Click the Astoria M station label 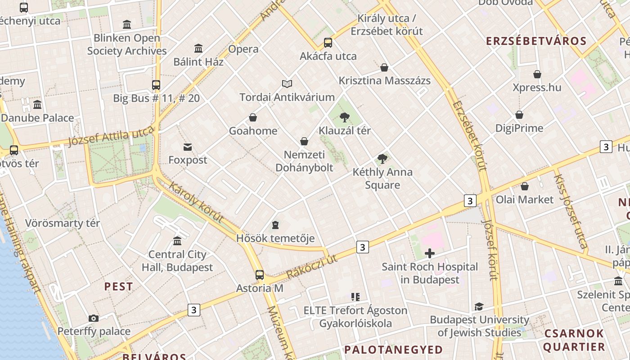260,288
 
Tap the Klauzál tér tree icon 345,117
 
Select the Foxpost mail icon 188,147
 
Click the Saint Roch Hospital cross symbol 430,253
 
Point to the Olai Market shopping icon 525,186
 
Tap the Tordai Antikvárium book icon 287,84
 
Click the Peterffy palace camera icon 94,319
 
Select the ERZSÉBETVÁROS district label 536,41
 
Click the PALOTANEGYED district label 394,350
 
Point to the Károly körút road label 196,202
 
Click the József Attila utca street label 111,136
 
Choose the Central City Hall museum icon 177,241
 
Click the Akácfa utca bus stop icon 328,43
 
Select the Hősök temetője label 275,238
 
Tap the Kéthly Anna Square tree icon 382,158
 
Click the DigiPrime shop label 519,128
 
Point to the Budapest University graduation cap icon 479,307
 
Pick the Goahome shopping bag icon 253,118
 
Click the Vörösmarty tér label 63,223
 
